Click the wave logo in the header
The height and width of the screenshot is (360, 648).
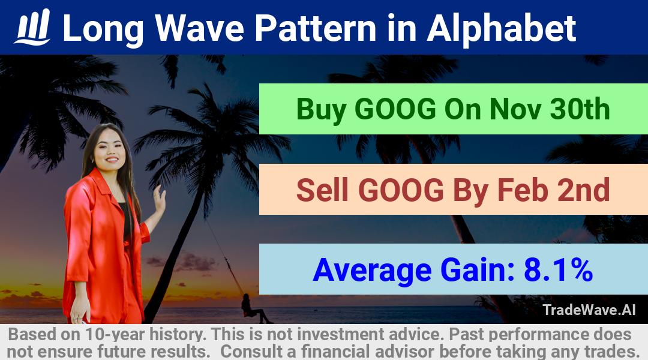coord(32,27)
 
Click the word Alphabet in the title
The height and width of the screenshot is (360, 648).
coord(501,28)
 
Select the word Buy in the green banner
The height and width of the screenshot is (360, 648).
coord(321,110)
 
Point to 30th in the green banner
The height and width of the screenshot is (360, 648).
coord(580,109)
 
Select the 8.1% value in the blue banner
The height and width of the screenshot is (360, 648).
coord(559,270)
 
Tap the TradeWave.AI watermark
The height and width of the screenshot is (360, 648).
coord(589,310)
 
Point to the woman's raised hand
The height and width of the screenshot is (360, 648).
coord(159,199)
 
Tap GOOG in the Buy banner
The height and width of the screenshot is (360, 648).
coord(395,109)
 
